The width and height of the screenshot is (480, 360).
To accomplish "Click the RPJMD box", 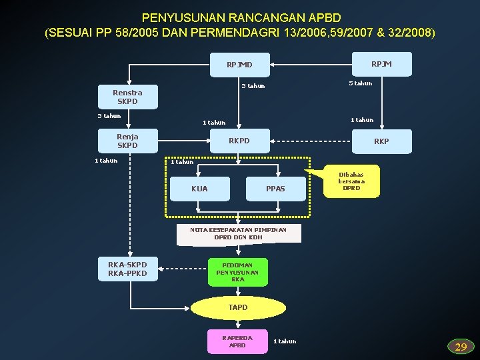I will (x=239, y=65).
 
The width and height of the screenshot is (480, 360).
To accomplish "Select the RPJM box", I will (x=381, y=63).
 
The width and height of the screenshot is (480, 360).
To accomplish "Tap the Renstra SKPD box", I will (x=127, y=97).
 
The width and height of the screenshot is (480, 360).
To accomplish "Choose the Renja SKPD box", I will (x=127, y=141).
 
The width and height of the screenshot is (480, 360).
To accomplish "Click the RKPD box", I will (x=239, y=141).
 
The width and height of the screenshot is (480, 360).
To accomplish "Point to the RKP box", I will (x=381, y=141).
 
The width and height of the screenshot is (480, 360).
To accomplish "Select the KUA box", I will (x=199, y=189).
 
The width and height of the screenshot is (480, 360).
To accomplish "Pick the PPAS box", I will (x=275, y=189).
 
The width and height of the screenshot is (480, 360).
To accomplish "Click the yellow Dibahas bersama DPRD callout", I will (x=351, y=181).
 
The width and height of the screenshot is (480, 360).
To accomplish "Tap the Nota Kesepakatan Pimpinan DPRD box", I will (x=238, y=233).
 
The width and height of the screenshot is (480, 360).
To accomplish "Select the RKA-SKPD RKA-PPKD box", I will (x=127, y=269).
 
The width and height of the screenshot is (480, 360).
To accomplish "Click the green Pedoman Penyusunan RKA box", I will (x=238, y=272).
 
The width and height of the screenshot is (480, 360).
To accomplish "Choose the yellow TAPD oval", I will (x=238, y=307).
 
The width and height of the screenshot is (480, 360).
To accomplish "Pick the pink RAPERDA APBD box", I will (x=237, y=341).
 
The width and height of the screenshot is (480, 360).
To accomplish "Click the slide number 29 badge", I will (x=461, y=347).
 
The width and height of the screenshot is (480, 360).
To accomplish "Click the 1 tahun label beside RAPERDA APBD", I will (x=285, y=341).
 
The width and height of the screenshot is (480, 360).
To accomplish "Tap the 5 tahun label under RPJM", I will (x=361, y=83).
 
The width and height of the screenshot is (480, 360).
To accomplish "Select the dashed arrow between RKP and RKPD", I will (x=313, y=141).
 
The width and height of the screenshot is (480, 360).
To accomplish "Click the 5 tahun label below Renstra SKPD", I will (x=109, y=116).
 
